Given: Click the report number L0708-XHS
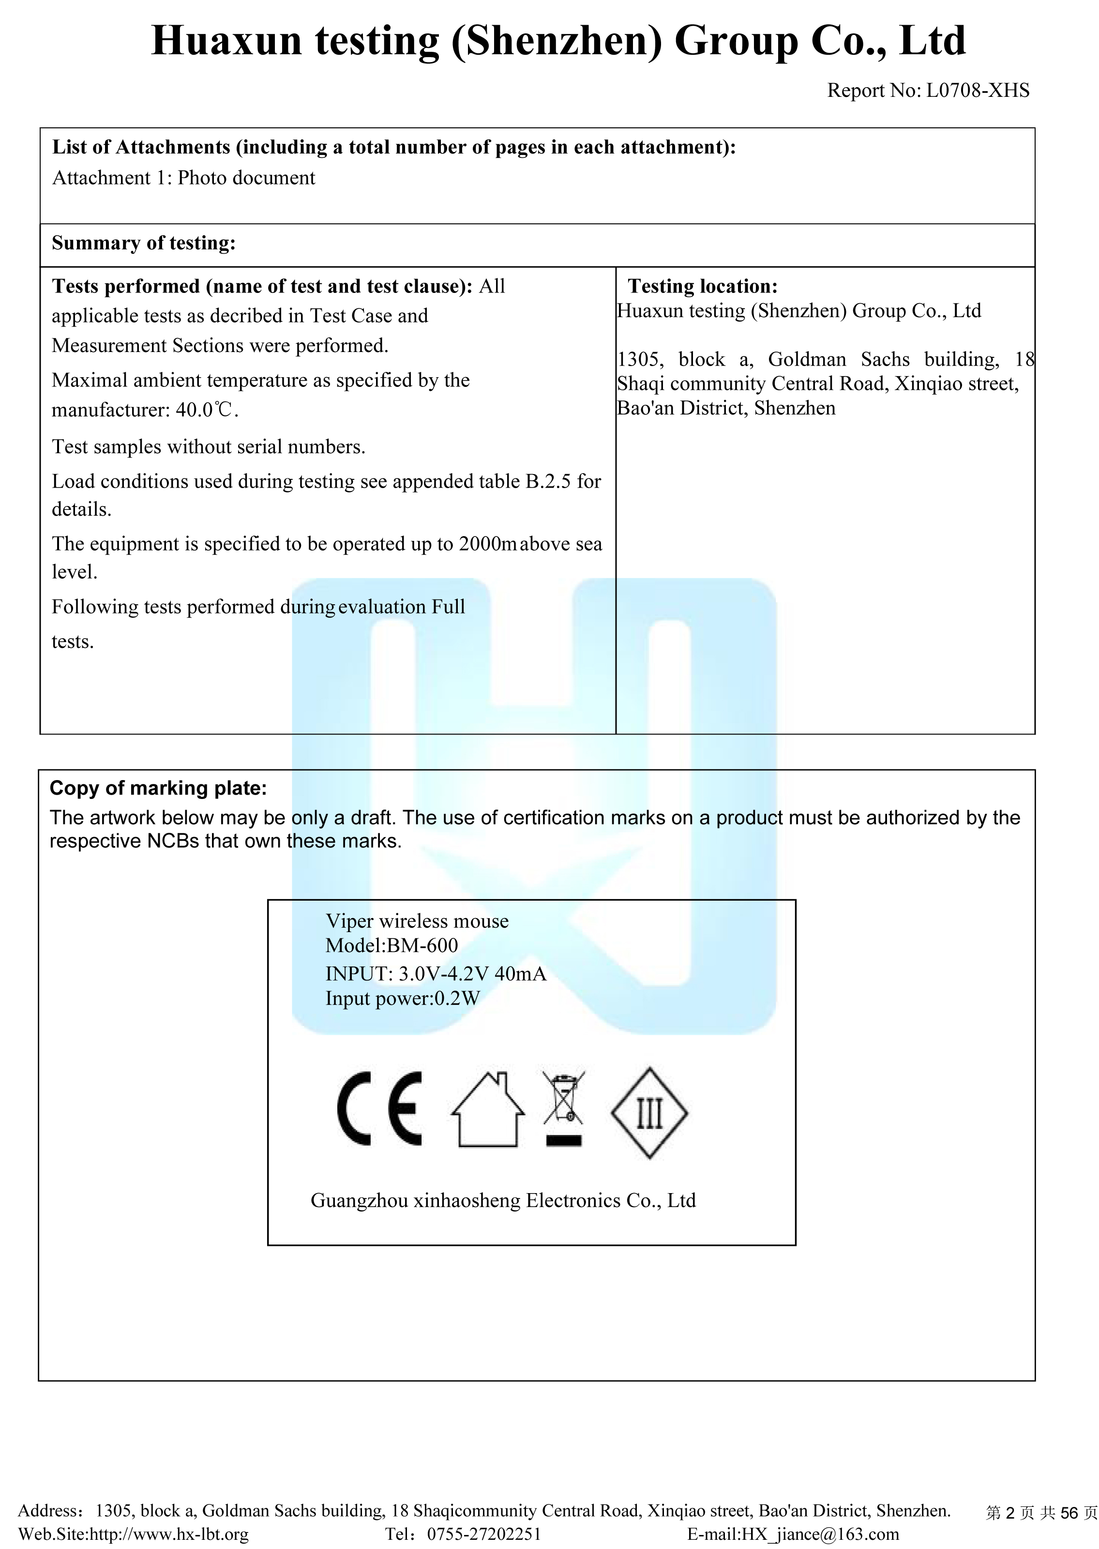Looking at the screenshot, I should [977, 90].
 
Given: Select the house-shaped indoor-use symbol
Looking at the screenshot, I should [487, 1110].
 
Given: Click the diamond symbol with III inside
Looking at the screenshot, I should [649, 1112].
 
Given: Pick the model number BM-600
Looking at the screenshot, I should [422, 945].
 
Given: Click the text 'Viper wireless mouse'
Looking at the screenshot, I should [417, 921].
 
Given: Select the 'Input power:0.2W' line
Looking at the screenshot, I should [403, 998].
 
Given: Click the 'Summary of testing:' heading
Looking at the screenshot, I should [143, 243].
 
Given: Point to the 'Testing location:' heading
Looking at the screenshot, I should [703, 286].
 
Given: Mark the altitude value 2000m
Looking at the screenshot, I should [487, 544].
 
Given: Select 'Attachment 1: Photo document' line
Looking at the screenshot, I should [183, 178].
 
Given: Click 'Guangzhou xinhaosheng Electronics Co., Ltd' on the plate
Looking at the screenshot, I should [503, 1200].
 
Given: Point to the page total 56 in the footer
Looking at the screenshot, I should [1069, 1512].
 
